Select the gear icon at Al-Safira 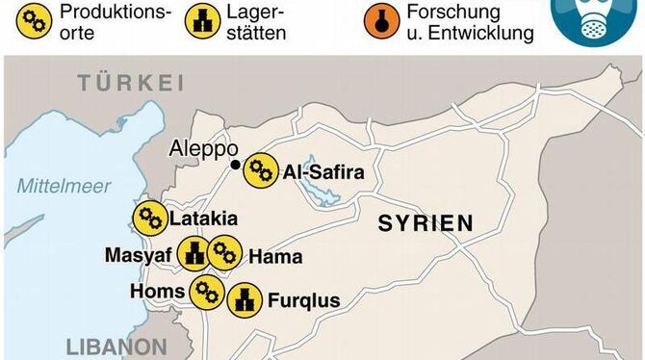tap(260, 171)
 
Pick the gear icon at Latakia tap(149, 219)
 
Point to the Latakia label tap(202, 219)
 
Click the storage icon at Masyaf tap(195, 254)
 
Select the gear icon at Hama tap(224, 254)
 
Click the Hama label tap(275, 257)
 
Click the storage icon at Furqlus tap(245, 300)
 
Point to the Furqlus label tap(304, 301)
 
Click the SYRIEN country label tap(426, 223)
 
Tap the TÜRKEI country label tap(132, 83)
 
